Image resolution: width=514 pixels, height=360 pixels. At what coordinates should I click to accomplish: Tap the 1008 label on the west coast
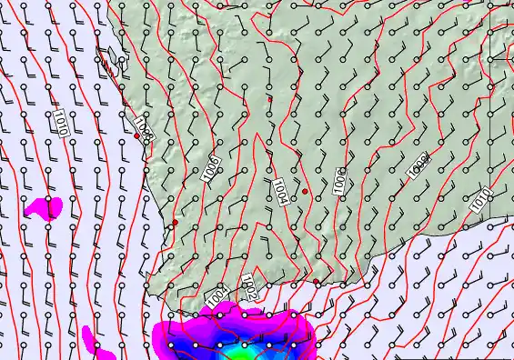pos(143,127)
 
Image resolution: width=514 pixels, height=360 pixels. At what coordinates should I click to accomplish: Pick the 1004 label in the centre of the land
pos(280,192)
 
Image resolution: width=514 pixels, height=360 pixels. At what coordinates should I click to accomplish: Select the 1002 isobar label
pos(248,288)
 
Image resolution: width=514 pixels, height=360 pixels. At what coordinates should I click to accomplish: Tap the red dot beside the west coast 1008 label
pos(136,136)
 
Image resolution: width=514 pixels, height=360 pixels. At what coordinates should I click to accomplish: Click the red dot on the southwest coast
pos(175,222)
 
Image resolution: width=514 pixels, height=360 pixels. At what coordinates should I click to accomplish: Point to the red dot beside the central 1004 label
pos(306,192)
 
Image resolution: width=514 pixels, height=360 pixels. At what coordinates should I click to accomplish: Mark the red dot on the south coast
pos(317,282)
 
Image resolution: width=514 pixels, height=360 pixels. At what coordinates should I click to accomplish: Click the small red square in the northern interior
pos(269,98)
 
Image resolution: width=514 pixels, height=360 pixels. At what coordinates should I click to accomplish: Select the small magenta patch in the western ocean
pos(43,206)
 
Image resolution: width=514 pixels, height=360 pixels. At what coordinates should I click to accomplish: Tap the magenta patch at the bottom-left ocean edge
pos(92,340)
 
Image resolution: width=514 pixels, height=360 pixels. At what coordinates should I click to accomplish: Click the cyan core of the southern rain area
pos(238,353)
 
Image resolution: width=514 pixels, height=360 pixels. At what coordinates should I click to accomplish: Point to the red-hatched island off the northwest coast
pos(111,62)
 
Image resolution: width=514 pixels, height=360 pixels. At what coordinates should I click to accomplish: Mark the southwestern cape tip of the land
pos(162,289)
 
